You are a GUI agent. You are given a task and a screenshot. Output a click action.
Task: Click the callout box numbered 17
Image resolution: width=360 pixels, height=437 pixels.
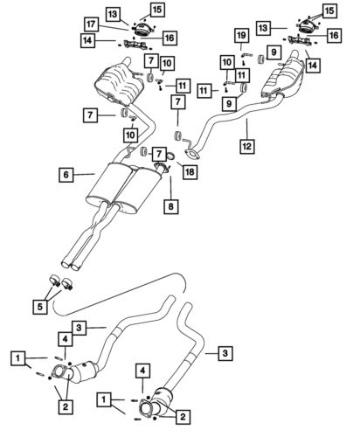pos(91,24)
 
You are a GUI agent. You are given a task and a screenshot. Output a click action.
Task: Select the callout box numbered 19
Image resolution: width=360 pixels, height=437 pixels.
pos(241,36)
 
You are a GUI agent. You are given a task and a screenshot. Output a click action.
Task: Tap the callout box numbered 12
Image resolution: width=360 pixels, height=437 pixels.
pos(247,146)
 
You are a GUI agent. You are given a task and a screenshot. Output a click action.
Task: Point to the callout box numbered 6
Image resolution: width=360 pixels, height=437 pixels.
pos(66,175)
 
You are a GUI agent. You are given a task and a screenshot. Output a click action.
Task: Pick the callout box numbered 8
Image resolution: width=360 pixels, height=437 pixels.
pos(170,206)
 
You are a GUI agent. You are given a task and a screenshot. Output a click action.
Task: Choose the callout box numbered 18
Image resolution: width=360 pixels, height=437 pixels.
pos(190,171)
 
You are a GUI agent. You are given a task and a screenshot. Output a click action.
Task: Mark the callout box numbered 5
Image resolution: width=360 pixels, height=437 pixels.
pos(40,307)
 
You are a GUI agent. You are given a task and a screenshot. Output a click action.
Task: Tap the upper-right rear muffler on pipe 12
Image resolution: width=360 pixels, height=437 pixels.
pos(282,77)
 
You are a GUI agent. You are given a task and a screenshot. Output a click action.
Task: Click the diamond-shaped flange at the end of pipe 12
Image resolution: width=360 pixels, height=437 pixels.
pos(192,154)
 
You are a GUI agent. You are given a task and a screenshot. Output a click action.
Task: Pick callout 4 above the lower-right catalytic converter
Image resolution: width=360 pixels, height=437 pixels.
pos(142,371)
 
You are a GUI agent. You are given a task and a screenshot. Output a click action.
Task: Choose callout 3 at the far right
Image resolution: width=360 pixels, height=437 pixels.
pos(225,353)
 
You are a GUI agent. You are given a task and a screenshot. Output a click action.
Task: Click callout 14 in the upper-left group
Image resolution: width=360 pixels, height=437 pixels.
pos(87,40)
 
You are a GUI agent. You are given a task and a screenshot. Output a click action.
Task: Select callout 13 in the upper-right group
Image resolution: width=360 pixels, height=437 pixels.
pos(263,28)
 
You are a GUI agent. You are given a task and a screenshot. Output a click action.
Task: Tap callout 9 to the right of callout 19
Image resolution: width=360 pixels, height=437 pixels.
pos(273,52)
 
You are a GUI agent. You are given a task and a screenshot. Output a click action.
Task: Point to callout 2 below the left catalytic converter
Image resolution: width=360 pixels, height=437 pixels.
pos(66,406)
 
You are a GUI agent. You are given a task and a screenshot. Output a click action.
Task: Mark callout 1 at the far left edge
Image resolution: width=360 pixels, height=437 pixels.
pos(18,358)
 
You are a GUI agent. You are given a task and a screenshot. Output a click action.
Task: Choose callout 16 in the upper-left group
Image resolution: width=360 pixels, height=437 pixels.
pos(170,38)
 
